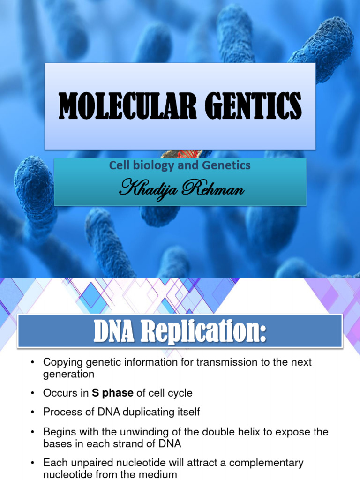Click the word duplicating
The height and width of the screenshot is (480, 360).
[142, 412]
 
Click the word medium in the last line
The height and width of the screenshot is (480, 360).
[161, 474]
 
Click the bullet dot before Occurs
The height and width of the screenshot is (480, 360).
[32, 393]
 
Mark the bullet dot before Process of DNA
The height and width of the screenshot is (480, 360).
[32, 412]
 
